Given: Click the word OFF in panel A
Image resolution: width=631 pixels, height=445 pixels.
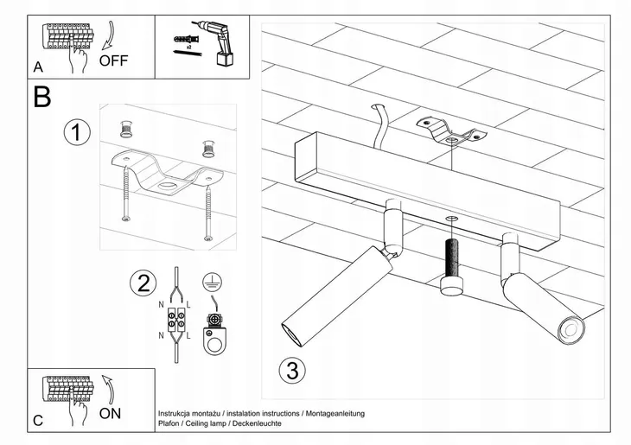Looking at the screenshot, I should pyautogui.click(x=113, y=60).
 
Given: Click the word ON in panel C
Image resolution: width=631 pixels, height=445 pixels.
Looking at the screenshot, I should pyautogui.click(x=110, y=413).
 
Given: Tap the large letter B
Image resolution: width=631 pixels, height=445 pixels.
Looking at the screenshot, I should pyautogui.click(x=41, y=97).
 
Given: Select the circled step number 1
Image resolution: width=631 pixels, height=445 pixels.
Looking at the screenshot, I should pyautogui.click(x=77, y=133).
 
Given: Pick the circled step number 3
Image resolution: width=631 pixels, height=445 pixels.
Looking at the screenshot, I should pyautogui.click(x=293, y=371).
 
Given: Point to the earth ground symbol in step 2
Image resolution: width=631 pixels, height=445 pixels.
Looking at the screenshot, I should pyautogui.click(x=208, y=281).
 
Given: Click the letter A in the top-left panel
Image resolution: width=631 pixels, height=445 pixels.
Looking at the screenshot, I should pyautogui.click(x=38, y=67).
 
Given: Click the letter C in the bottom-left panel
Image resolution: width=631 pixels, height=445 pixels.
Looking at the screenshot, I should pyautogui.click(x=38, y=421).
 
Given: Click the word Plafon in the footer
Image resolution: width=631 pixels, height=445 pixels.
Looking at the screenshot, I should pyautogui.click(x=169, y=424).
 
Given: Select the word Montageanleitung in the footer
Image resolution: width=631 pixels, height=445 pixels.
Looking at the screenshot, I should pyautogui.click(x=333, y=414).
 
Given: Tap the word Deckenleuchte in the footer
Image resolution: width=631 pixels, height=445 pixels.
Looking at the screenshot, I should pyautogui.click(x=257, y=424).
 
